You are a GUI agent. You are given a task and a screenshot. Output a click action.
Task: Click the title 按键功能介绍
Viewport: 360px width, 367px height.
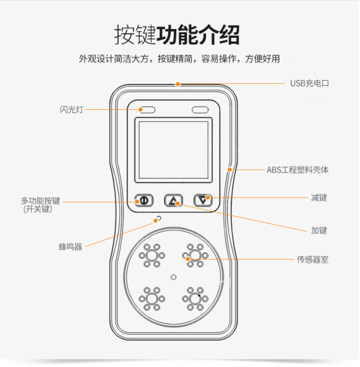(x=177, y=35)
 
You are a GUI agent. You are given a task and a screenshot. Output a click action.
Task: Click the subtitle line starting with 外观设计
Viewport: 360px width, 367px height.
(x=179, y=59)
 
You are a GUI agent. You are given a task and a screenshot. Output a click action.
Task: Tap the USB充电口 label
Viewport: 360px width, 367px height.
(x=309, y=83)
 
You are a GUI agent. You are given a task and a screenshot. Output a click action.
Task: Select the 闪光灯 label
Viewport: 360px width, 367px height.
(x=71, y=110)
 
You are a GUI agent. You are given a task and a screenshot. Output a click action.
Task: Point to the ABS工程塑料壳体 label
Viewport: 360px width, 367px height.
(x=297, y=170)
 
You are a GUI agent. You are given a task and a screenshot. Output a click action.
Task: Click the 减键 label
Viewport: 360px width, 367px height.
(x=318, y=198)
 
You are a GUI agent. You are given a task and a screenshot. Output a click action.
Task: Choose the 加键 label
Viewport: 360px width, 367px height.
(x=318, y=230)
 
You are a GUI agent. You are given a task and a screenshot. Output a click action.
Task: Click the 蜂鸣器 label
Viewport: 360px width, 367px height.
(x=70, y=247)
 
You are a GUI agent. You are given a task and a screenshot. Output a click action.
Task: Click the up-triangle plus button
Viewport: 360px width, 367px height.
(x=174, y=201)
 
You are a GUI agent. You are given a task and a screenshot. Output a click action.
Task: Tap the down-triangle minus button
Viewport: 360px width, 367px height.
(x=203, y=200)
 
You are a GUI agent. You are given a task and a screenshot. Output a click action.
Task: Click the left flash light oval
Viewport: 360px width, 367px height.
(x=147, y=110)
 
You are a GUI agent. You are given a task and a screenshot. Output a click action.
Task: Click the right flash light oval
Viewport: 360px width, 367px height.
(x=200, y=110)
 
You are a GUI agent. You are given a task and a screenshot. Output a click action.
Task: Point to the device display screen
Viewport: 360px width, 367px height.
(x=173, y=150)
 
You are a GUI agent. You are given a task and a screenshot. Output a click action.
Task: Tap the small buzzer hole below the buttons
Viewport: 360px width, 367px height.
(x=159, y=219)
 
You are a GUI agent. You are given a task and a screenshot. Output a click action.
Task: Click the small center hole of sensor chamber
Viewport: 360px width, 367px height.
(x=173, y=277)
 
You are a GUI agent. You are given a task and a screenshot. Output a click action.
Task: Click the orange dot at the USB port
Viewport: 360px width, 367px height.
(x=178, y=84)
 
